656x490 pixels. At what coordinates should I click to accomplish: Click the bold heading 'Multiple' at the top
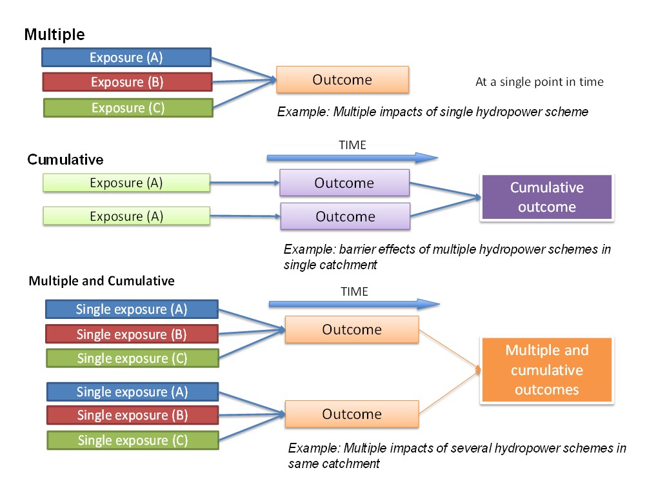(x=54, y=35)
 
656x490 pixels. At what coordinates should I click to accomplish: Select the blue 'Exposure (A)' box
(x=126, y=57)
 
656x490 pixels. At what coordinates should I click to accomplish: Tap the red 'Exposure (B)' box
(x=127, y=82)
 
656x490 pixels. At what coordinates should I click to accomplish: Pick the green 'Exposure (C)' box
(x=128, y=108)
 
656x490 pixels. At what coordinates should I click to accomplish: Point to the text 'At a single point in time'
(x=539, y=82)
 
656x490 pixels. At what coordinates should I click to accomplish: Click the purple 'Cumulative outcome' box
(x=546, y=198)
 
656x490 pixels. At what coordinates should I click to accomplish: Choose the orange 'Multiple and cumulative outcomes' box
(x=546, y=370)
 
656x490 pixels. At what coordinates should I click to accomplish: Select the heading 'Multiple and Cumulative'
(x=101, y=281)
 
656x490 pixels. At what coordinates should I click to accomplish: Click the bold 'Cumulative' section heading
(x=65, y=159)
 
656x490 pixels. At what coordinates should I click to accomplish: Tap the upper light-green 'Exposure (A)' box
(x=126, y=183)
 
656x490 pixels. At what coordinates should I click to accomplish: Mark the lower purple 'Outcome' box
(x=345, y=216)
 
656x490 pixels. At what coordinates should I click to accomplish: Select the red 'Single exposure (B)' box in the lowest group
(x=132, y=415)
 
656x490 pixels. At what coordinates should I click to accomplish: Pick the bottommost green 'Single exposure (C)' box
(x=132, y=440)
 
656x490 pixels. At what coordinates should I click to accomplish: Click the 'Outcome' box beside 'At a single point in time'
(x=343, y=80)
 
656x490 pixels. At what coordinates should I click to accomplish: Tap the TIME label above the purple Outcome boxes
(x=352, y=145)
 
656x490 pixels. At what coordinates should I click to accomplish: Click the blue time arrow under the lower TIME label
(x=354, y=304)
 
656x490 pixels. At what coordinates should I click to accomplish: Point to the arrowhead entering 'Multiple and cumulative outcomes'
(x=478, y=370)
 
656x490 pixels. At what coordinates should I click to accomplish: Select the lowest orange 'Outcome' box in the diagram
(x=352, y=414)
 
